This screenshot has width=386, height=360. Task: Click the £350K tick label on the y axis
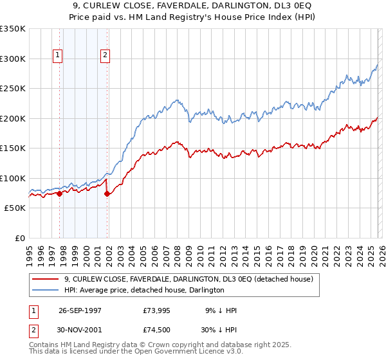[13, 29]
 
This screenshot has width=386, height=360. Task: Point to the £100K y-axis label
[13, 178]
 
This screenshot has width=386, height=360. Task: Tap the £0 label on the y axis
[20, 238]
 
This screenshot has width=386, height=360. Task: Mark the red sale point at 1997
[60, 194]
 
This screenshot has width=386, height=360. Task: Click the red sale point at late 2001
[107, 194]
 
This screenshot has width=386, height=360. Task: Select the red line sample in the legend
[45, 280]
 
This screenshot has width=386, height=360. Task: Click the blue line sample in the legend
[45, 291]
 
